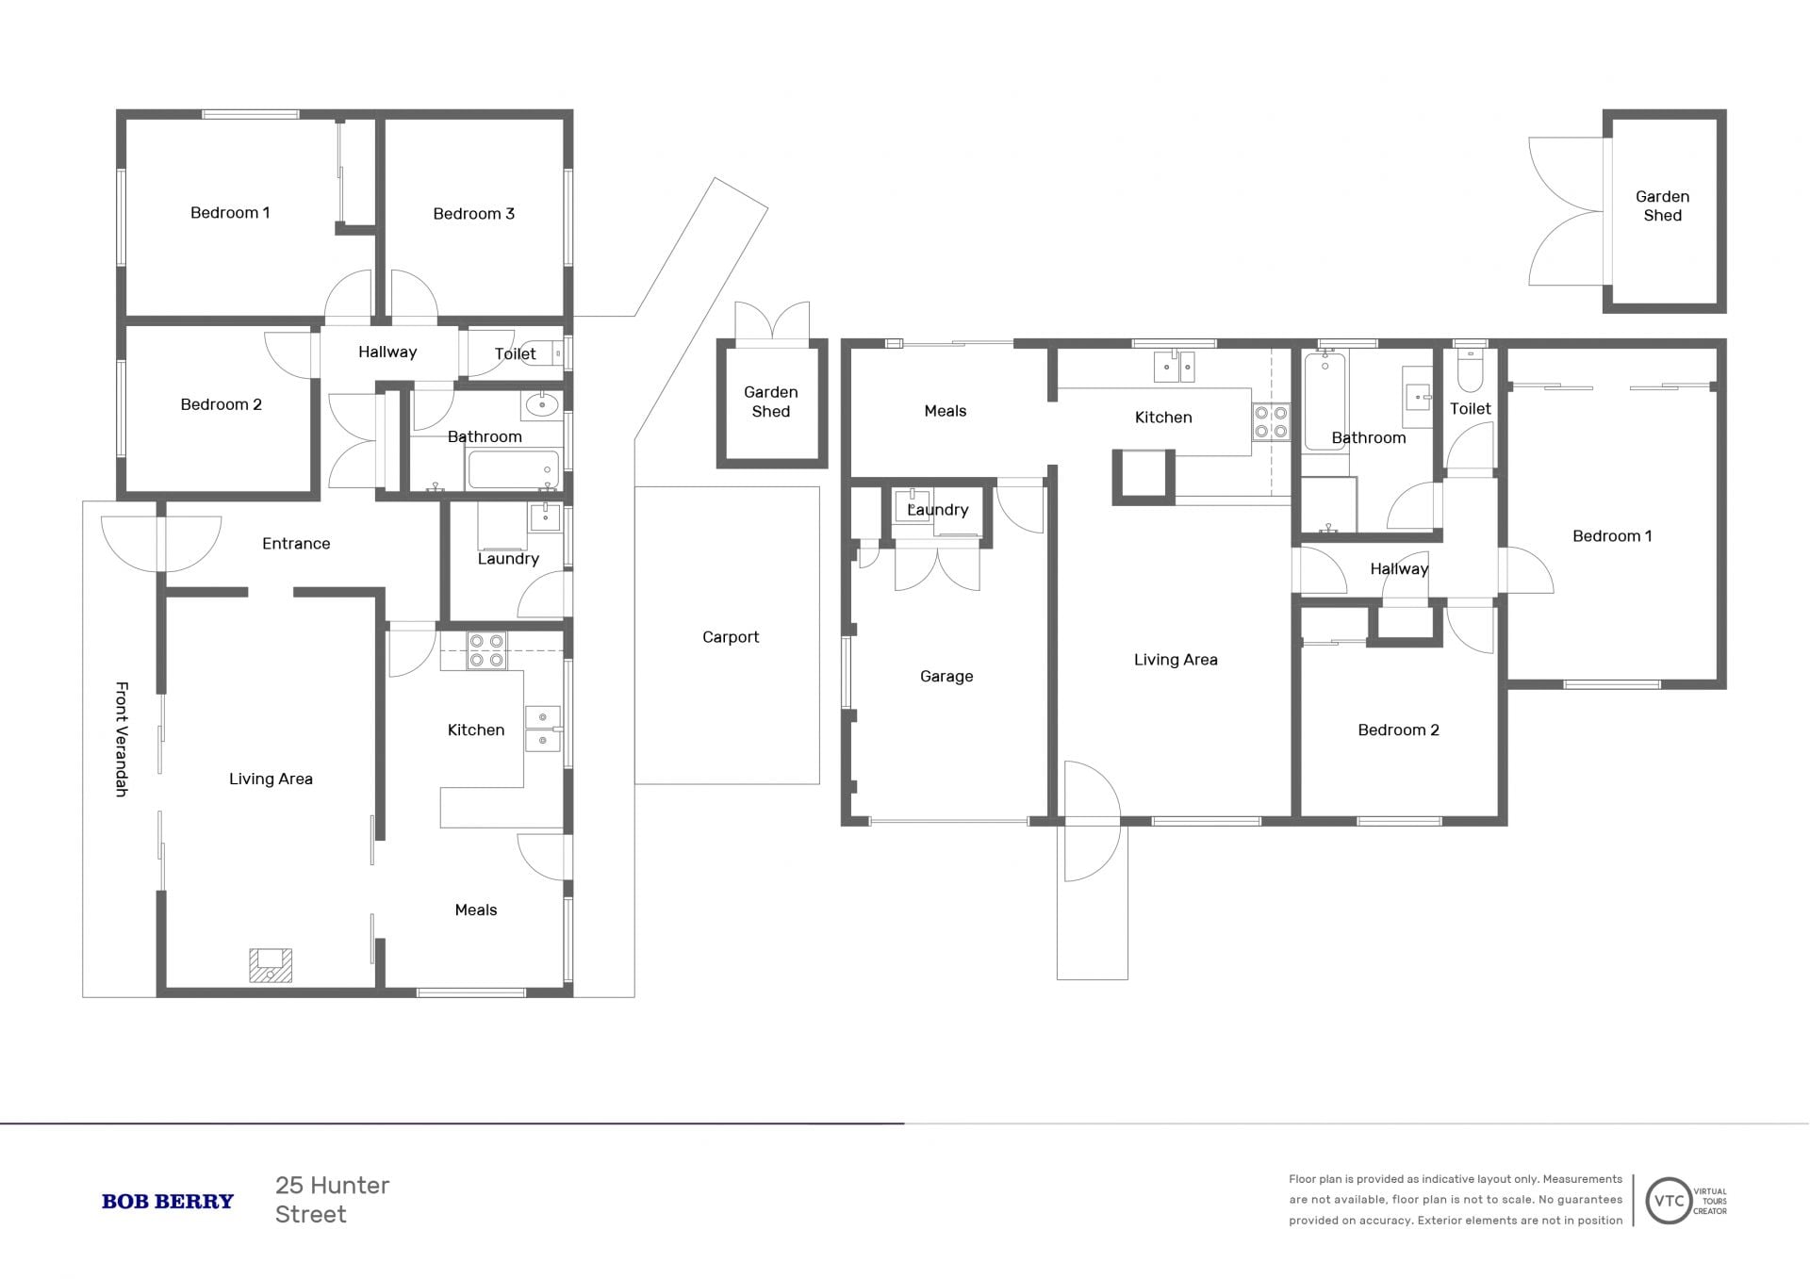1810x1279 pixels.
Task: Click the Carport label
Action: point(731,637)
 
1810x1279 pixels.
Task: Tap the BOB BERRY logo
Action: point(168,1201)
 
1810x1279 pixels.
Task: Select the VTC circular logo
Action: point(1669,1201)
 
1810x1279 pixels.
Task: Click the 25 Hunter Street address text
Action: point(333,1200)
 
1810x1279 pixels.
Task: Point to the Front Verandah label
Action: point(122,739)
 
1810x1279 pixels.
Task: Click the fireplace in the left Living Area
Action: point(271,965)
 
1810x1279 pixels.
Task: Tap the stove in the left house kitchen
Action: point(487,650)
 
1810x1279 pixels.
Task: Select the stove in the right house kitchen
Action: point(1271,421)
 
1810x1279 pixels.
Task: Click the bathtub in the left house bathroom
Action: point(514,468)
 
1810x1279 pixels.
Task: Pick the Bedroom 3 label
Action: point(474,214)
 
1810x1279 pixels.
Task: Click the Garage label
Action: point(946,677)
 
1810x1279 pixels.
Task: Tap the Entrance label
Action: point(296,544)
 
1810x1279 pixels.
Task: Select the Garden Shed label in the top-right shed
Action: point(1662,206)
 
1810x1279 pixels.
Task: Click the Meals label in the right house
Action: point(946,411)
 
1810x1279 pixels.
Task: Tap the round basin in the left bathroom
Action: point(542,405)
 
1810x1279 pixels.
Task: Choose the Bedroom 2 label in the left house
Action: point(222,404)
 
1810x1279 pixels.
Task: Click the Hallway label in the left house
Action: point(387,352)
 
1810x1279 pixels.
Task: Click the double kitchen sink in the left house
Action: point(543,729)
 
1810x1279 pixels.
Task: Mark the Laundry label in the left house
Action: point(508,559)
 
